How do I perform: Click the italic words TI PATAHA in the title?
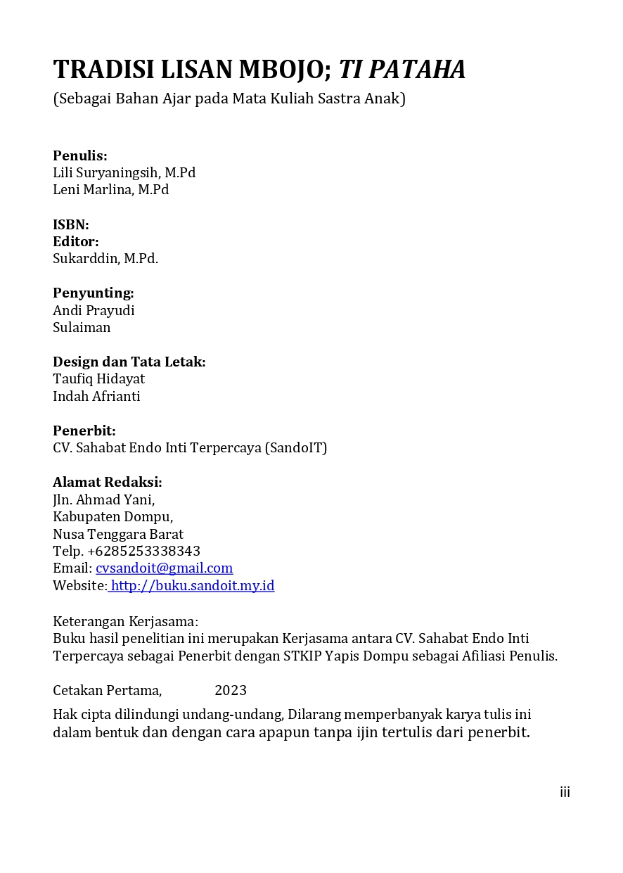[x=402, y=70]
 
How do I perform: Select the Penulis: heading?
[x=80, y=155]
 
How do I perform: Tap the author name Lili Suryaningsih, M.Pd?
[x=124, y=172]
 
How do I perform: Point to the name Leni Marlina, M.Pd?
[x=111, y=189]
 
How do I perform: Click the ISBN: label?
[x=71, y=224]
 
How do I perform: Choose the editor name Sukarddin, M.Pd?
[x=105, y=258]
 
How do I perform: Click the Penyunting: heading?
[x=94, y=293]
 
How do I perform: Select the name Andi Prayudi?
[x=94, y=310]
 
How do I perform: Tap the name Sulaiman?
[x=82, y=327]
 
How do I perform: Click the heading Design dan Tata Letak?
[x=129, y=362]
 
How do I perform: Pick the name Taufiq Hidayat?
[x=99, y=378]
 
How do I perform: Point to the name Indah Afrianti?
[x=96, y=396]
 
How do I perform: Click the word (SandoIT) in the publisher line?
[x=296, y=447]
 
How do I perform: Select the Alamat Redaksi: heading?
[x=108, y=482]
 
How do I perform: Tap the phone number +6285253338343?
[x=144, y=550]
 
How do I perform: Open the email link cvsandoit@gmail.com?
[x=164, y=568]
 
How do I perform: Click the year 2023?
[x=231, y=690]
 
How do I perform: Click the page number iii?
[x=565, y=793]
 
